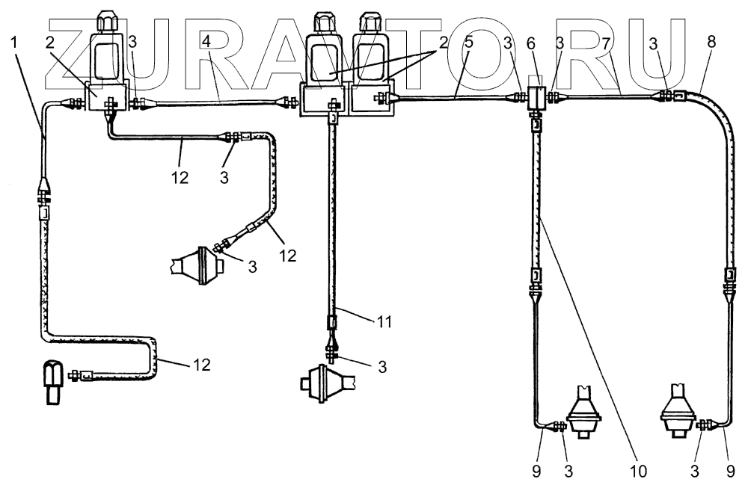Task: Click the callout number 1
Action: coord(15,43)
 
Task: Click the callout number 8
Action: coord(711,43)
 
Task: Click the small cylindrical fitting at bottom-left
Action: coord(54,382)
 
